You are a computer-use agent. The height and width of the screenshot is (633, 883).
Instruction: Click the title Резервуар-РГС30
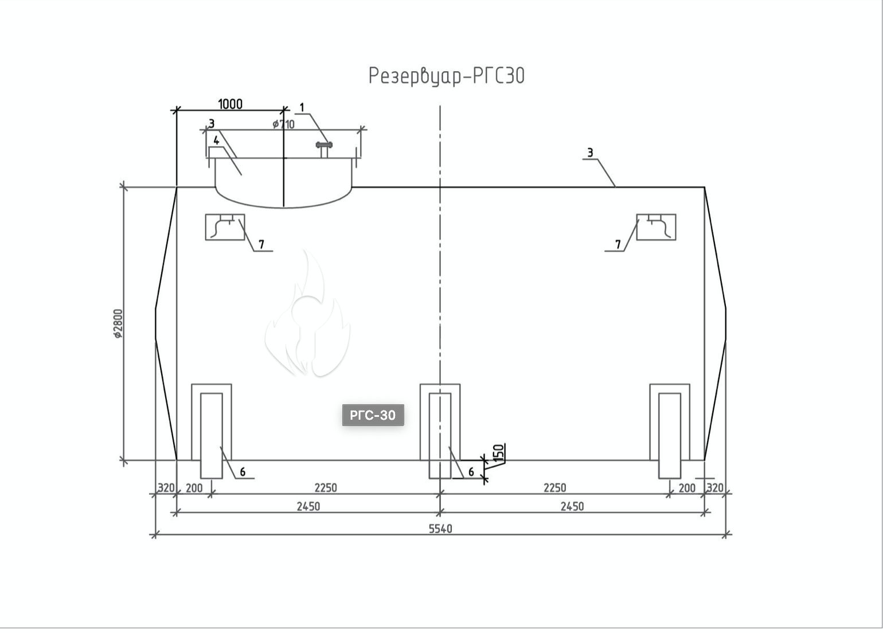(x=446, y=76)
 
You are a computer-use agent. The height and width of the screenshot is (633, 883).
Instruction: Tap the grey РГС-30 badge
(x=373, y=415)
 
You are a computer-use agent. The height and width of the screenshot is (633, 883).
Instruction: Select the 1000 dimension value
(x=230, y=104)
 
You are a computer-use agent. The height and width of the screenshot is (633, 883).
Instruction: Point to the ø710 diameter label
(x=283, y=124)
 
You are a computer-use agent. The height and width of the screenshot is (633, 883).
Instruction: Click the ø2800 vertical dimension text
(x=118, y=323)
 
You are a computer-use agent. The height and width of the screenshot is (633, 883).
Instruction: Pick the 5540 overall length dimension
(x=440, y=529)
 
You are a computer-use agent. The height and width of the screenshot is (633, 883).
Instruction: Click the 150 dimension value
(x=499, y=453)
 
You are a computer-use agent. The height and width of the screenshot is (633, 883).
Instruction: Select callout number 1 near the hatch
(x=302, y=107)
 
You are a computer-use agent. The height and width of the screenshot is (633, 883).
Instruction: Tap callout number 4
(x=216, y=140)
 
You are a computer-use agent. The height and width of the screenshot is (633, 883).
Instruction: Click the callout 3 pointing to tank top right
(x=590, y=153)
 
